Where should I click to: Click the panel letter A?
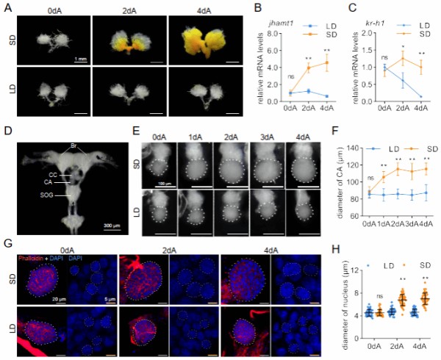[8, 9]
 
